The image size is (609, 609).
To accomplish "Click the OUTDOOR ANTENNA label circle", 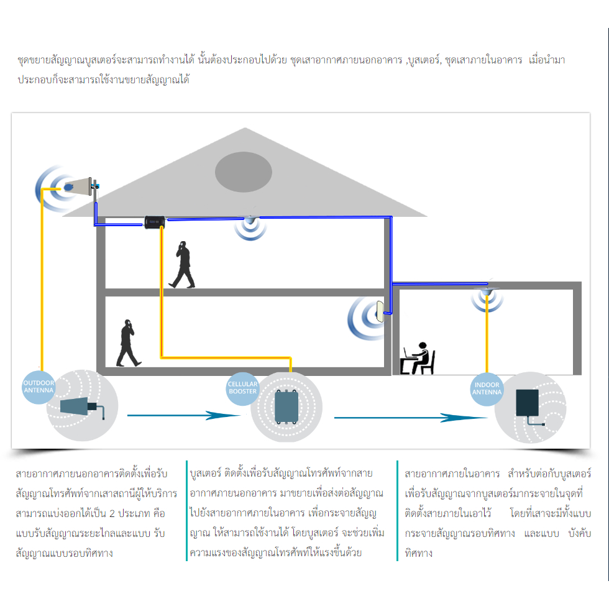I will click(x=39, y=387).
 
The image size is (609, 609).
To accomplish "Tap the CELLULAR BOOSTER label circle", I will click(x=242, y=388).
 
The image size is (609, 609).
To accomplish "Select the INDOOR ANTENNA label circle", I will click(x=487, y=389).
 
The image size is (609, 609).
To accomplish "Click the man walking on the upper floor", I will click(x=183, y=264).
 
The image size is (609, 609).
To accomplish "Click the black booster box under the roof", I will click(x=153, y=221).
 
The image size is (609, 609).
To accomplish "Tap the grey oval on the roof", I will click(x=244, y=170).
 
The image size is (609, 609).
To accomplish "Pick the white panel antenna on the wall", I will click(x=380, y=312).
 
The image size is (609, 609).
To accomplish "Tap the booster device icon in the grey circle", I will click(x=286, y=406).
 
